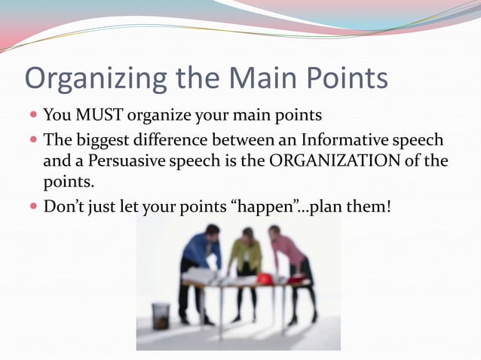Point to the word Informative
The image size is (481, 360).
pos(342,139)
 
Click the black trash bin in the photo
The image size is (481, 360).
pos(161,316)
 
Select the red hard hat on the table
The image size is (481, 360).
pos(265,279)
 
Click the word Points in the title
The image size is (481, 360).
pos(344,78)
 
